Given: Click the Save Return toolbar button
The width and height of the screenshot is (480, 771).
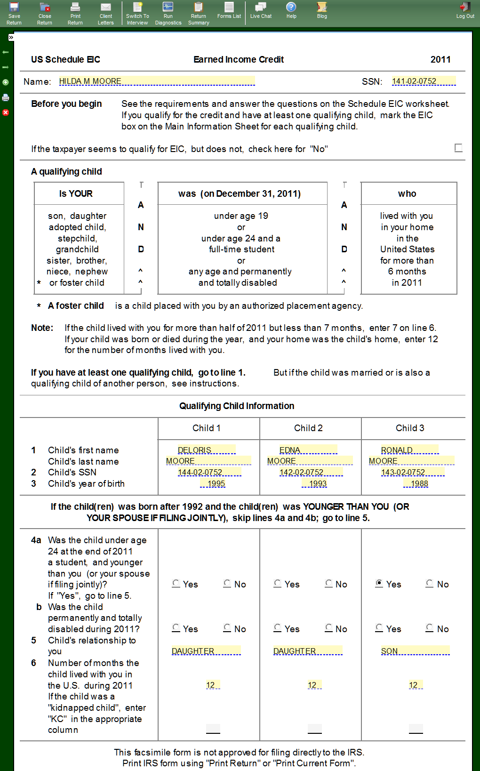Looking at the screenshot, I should tap(14, 13).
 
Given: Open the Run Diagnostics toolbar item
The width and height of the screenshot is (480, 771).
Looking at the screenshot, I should tap(168, 13).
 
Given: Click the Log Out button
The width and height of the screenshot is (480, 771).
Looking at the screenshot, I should tap(465, 10).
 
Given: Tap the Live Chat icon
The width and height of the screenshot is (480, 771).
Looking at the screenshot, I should tap(261, 10).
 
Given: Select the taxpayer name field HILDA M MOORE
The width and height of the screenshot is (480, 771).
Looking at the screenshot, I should tap(157, 81).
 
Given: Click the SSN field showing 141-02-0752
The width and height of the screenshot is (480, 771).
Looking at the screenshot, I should tap(424, 81).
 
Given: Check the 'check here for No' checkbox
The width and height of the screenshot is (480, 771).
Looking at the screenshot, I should tap(458, 148).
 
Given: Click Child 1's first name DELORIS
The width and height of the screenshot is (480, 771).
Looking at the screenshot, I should tap(206, 450).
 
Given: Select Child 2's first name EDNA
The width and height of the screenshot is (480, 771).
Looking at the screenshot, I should tap(308, 450).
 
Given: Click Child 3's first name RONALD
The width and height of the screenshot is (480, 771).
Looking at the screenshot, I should tap(409, 450).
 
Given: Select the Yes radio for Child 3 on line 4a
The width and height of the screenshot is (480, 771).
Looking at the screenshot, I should tap(379, 583).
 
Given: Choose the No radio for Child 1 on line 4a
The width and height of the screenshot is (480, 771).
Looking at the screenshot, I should tap(227, 583).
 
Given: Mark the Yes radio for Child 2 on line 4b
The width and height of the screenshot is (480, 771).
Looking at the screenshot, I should tap(278, 628).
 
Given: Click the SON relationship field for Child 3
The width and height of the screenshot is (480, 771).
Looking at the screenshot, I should tap(415, 651).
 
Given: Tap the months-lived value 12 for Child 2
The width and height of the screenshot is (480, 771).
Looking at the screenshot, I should tap(314, 685).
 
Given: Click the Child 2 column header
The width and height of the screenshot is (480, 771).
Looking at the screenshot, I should tap(308, 428).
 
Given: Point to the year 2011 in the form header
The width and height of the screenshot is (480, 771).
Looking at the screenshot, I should tap(440, 59).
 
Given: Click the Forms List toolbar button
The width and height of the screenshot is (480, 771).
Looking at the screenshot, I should tap(229, 10).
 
